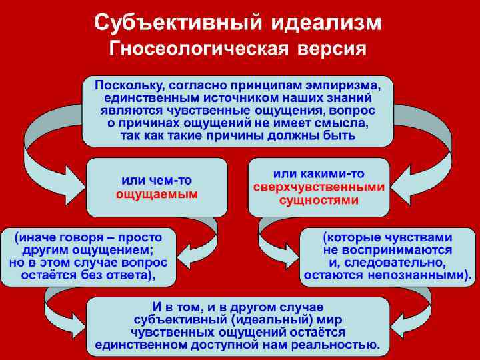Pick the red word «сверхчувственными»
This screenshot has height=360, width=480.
pos(319,187)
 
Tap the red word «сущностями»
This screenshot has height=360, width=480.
pos(319,200)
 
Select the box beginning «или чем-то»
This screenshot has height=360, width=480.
pos(157,187)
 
